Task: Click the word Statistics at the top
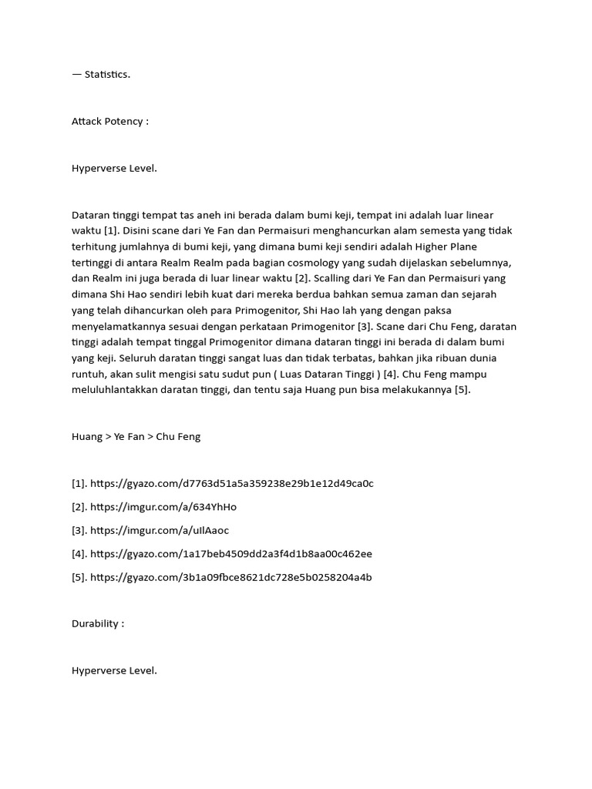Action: (x=107, y=74)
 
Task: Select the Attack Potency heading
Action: (x=109, y=121)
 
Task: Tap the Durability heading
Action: (x=97, y=623)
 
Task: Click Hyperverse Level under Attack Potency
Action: (x=114, y=168)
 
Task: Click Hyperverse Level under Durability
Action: (x=114, y=670)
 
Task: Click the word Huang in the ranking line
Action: (x=87, y=436)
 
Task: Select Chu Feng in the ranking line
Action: (x=178, y=436)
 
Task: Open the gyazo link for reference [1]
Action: (x=232, y=483)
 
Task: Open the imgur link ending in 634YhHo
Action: (x=163, y=507)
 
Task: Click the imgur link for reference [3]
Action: (x=160, y=530)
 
